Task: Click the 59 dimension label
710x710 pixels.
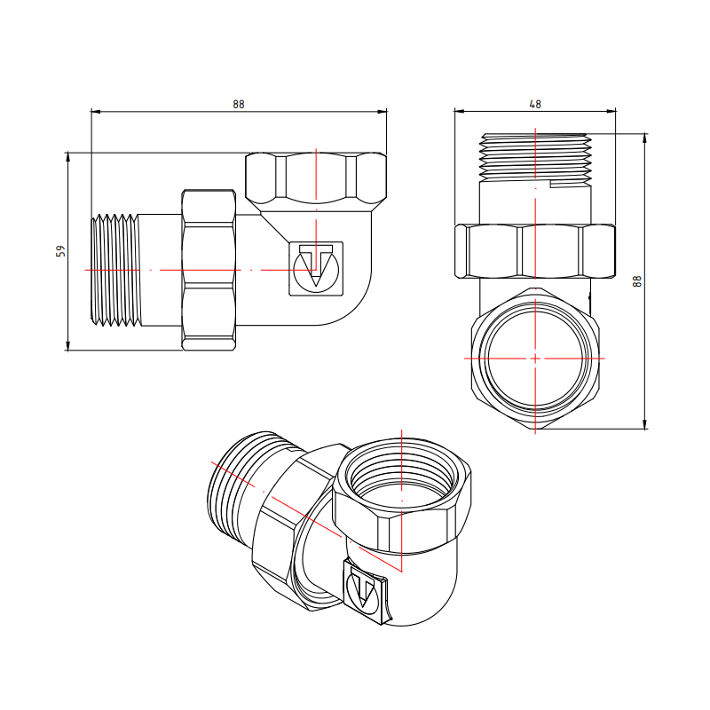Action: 60,251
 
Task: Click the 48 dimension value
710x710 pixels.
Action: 535,105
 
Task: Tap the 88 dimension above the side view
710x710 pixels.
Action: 239,105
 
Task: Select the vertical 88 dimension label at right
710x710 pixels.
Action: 637,281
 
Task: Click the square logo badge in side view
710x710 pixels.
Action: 316,269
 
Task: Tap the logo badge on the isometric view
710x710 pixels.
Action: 365,591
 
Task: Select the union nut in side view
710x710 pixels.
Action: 209,270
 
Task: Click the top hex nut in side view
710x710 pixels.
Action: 316,177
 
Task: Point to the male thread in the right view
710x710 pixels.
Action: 535,157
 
